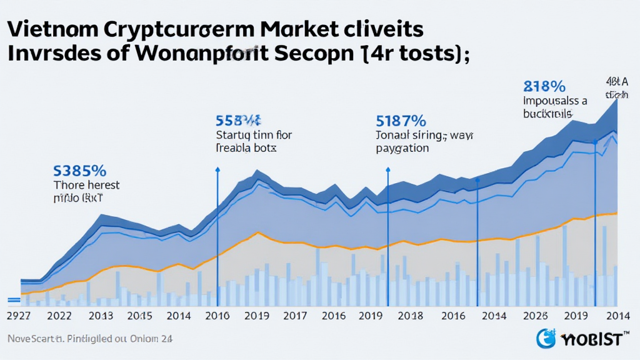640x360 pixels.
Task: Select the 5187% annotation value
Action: [401, 120]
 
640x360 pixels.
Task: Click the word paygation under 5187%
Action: [402, 148]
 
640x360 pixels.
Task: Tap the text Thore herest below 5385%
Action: [87, 185]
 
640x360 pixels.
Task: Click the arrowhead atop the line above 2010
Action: [217, 169]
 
